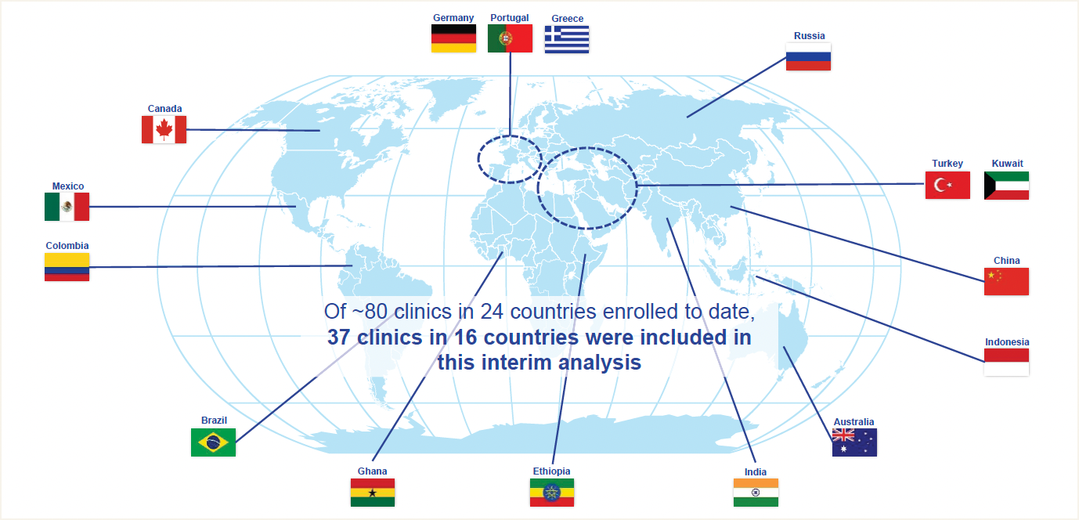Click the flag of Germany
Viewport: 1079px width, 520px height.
(453, 38)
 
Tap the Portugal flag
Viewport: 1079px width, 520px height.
(510, 38)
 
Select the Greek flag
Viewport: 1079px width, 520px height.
(567, 39)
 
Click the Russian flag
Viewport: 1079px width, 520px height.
(808, 56)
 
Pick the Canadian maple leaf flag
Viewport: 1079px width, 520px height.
(164, 129)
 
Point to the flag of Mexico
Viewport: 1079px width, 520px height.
(67, 207)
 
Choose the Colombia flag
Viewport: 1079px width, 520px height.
(67, 266)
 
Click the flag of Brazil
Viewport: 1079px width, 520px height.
(213, 442)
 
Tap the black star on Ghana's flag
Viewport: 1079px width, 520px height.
(373, 493)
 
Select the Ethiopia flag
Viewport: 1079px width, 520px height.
(552, 493)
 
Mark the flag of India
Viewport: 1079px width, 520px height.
(756, 493)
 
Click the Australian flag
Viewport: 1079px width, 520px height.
(854, 442)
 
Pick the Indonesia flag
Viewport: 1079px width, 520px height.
(1006, 362)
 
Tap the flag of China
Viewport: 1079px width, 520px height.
(1006, 281)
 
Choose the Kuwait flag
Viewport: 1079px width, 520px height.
(1006, 186)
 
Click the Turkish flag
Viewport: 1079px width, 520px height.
(947, 186)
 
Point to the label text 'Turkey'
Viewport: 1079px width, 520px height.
(947, 164)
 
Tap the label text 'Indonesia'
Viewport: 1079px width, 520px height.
(1007, 342)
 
